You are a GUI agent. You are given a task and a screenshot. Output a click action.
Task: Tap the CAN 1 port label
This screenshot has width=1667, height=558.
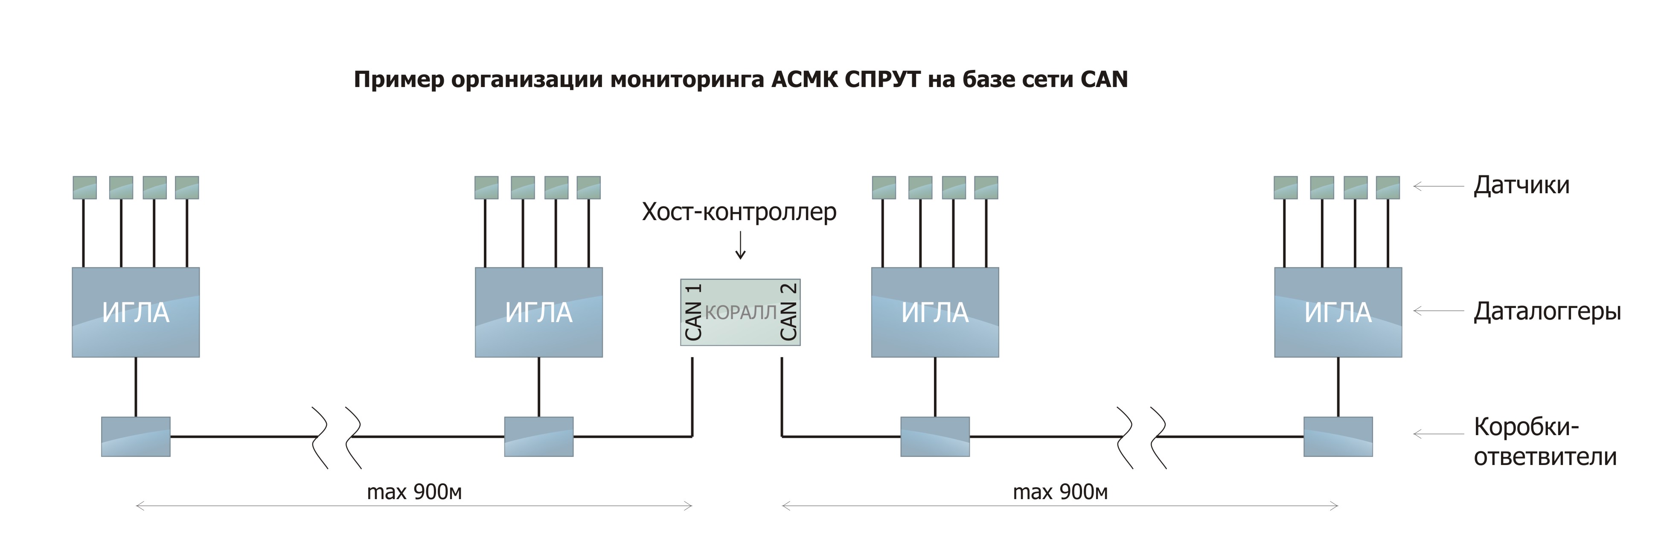click(x=693, y=312)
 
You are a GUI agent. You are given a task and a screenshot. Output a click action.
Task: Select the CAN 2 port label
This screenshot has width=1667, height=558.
click(x=788, y=312)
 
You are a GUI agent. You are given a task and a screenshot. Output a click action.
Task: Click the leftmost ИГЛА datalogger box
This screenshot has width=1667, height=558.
click(x=136, y=312)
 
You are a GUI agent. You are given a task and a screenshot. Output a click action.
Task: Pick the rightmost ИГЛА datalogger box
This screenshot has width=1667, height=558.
click(x=1338, y=312)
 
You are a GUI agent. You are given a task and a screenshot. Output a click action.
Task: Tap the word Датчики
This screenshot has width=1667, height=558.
click(x=1522, y=186)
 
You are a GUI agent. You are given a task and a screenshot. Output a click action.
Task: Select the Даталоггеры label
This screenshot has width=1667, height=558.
click(x=1547, y=311)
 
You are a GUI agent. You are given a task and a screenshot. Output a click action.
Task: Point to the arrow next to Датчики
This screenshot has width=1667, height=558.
click(x=1438, y=186)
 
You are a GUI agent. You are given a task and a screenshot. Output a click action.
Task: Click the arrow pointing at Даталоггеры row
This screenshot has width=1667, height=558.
click(x=1438, y=311)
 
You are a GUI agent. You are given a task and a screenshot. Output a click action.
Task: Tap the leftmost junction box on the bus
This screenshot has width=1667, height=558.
click(x=136, y=437)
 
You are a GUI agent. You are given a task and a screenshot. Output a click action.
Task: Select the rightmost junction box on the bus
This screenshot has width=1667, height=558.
click(x=1338, y=437)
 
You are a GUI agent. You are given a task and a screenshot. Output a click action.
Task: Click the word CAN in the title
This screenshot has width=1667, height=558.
click(x=1104, y=80)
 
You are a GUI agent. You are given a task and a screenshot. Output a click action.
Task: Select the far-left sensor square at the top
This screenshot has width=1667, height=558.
click(x=85, y=188)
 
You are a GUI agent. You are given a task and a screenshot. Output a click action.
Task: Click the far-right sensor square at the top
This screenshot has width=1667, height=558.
click(x=1388, y=188)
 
